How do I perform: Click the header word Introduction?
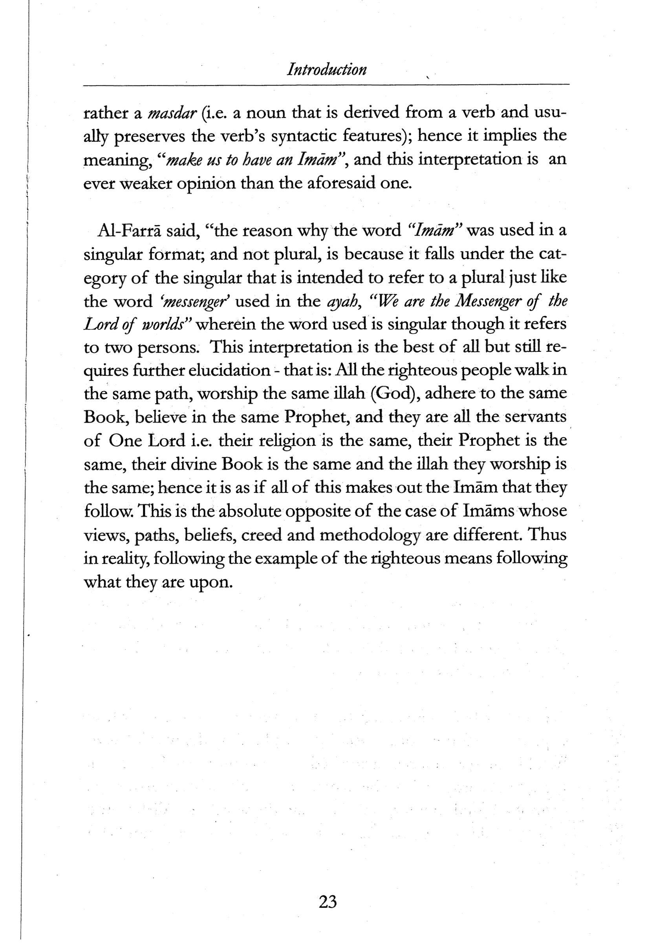tap(326, 69)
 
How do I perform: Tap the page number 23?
tap(328, 902)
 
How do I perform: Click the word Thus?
tap(547, 535)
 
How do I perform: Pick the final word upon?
tap(210, 583)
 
